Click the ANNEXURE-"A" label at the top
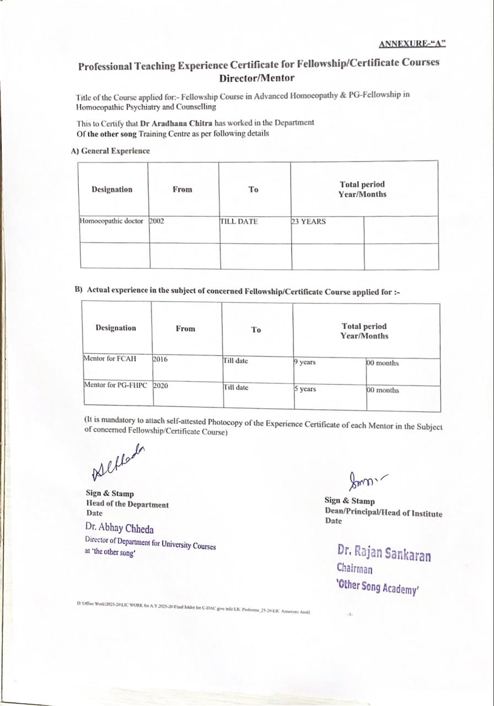[412, 44]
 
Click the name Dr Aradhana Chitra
[177, 123]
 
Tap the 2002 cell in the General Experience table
[157, 221]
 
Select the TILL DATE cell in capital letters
[239, 222]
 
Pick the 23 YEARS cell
[309, 222]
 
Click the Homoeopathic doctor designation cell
[112, 221]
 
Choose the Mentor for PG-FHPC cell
[115, 385]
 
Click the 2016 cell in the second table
[160, 359]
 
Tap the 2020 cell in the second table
[161, 386]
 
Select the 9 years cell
[305, 362]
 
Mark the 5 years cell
[305, 389]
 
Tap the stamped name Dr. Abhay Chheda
[119, 528]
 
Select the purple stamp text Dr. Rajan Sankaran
[384, 553]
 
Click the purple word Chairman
[355, 569]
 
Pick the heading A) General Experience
[110, 151]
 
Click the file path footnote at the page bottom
[193, 605]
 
